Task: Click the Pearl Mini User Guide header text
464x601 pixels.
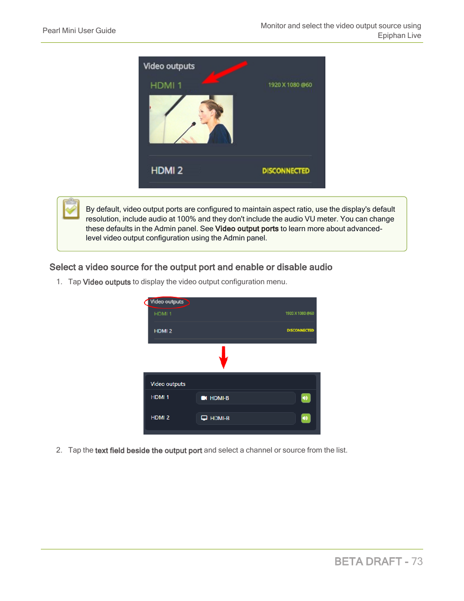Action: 79,31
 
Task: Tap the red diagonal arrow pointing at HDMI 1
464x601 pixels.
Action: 224,72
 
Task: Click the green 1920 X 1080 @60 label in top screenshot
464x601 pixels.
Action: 290,85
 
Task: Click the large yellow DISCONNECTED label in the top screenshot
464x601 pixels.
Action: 286,171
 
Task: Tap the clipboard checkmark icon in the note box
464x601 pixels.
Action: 71,209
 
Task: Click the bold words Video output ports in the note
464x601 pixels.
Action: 247,229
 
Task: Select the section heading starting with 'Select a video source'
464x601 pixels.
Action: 191,267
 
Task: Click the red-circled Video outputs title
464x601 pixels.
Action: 167,302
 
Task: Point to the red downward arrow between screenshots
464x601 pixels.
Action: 224,357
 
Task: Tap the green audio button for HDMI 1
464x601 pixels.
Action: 305,398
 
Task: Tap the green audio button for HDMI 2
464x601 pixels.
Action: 305,418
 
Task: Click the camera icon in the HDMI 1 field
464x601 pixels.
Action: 204,398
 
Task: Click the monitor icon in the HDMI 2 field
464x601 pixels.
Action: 204,418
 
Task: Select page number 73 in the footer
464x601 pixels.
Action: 417,562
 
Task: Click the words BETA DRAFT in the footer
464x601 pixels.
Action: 368,562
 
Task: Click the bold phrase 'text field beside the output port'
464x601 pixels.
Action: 148,451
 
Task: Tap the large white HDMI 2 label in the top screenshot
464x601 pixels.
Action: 167,170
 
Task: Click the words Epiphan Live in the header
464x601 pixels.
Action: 399,36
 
